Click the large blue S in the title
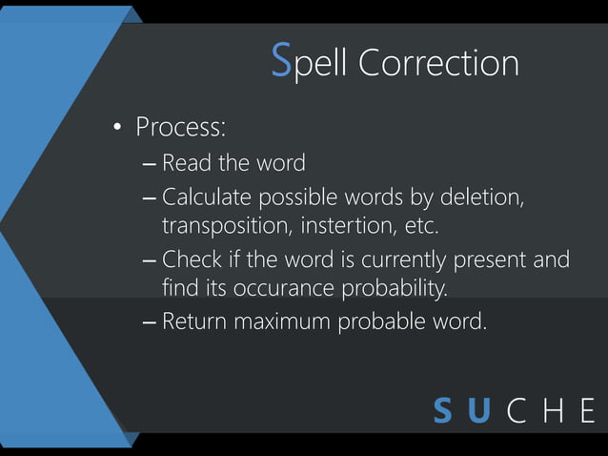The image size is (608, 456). [281, 62]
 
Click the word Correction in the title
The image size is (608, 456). [439, 63]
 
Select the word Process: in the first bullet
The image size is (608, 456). [180, 126]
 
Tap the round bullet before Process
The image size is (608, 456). [118, 128]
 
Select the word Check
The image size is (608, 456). [192, 259]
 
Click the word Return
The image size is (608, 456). [194, 321]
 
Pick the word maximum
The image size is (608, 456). [281, 321]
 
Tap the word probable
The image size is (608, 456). [384, 321]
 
